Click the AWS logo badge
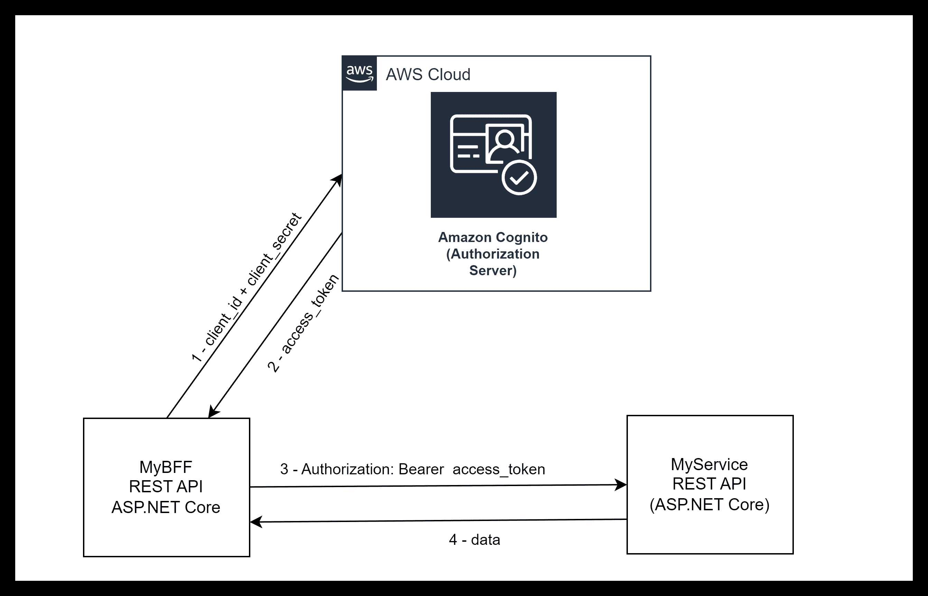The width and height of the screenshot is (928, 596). coord(359,73)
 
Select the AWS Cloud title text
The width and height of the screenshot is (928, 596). coord(428,74)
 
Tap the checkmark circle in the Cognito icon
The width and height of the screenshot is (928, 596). coord(519,178)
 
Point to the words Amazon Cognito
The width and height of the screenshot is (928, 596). coord(493,237)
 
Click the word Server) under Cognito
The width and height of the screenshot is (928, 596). coord(493,270)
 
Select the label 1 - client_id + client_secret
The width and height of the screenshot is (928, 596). coord(247,287)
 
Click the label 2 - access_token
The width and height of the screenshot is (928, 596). coord(303,324)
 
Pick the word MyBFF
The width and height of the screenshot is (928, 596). coord(166,467)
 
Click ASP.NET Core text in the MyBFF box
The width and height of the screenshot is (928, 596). coord(166,507)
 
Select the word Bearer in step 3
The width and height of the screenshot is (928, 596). coord(421,469)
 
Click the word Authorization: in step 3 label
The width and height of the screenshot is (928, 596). coord(347,469)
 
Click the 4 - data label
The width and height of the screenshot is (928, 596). coord(474,540)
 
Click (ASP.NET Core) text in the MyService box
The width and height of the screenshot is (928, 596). coord(709,504)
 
